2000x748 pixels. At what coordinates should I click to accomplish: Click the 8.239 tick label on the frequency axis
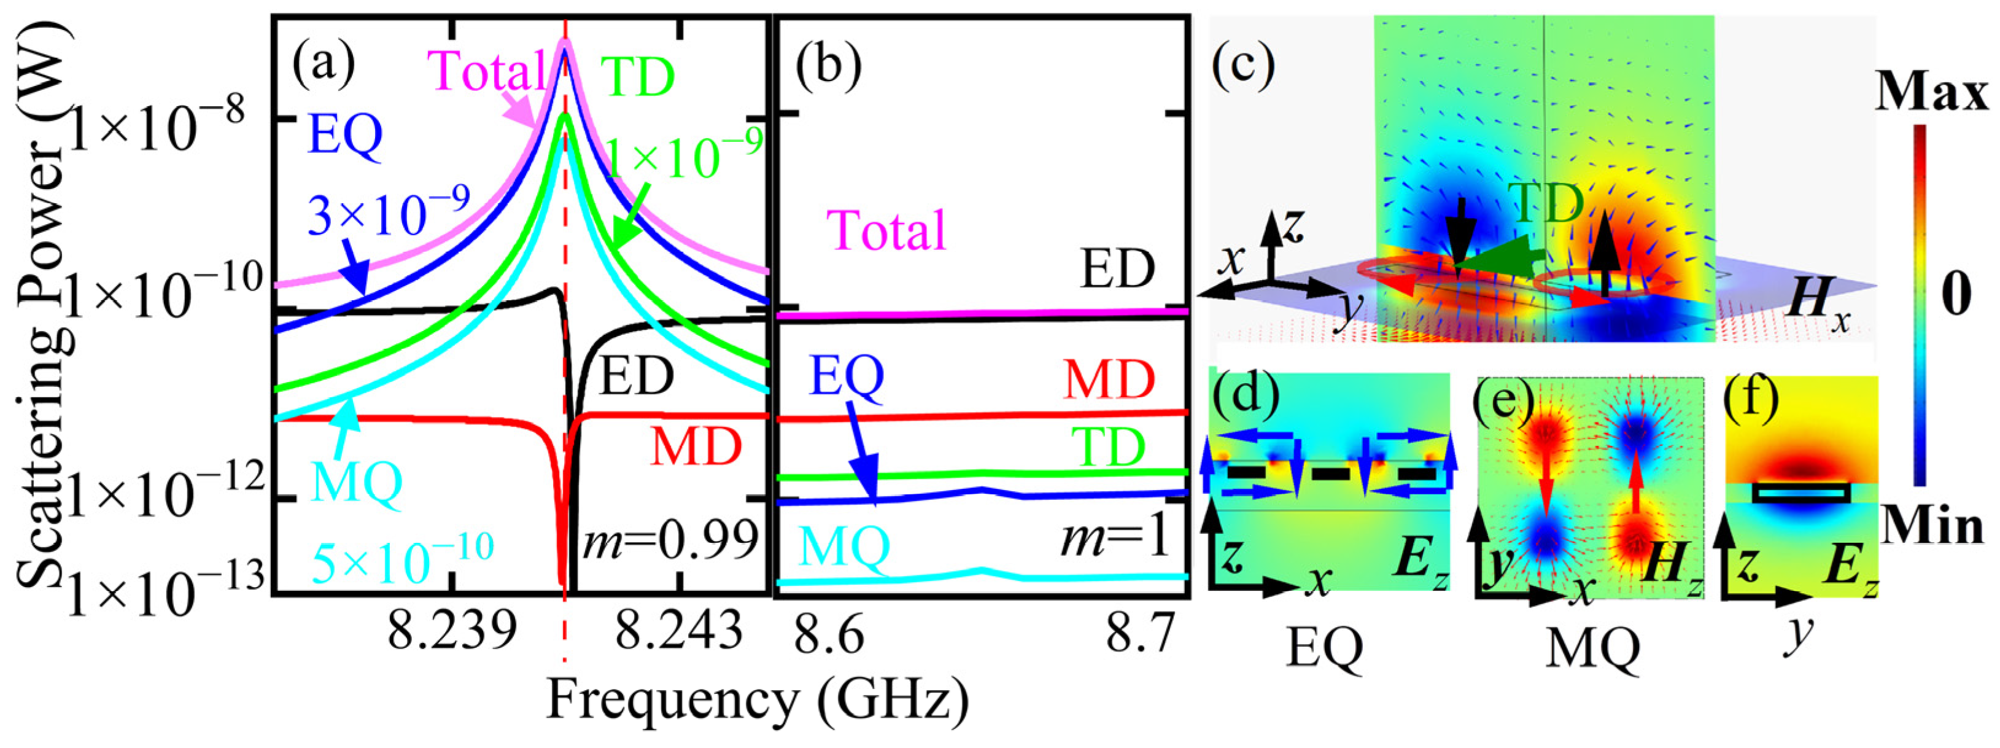point(452,633)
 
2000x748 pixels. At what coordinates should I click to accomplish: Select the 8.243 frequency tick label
point(680,633)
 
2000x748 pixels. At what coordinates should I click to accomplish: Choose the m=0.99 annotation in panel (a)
point(671,539)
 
